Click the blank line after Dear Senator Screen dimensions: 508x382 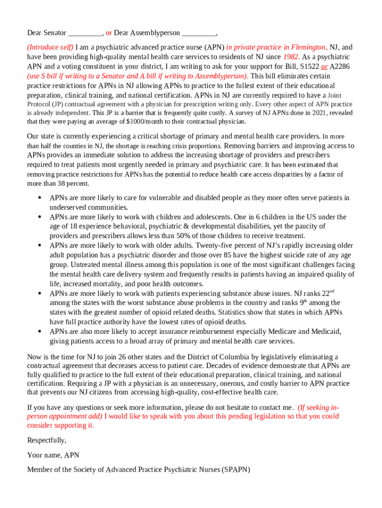(85, 34)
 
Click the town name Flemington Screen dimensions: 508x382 (305, 48)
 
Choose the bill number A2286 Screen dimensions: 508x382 (342, 66)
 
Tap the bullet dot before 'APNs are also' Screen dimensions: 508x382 (39, 331)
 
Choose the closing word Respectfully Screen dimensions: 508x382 (47, 441)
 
